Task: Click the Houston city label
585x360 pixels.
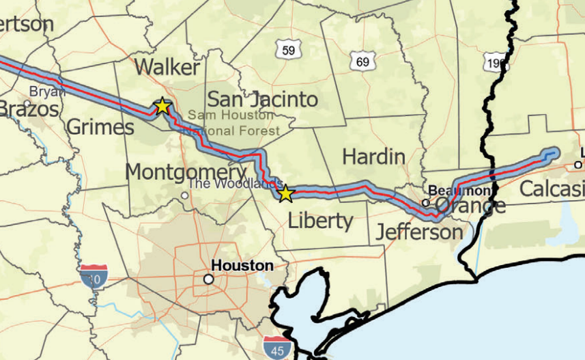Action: [242, 266]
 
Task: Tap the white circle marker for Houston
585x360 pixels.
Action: [208, 279]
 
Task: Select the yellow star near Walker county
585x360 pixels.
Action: [162, 106]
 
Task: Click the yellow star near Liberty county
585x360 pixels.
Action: [285, 194]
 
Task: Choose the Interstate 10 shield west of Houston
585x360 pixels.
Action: [93, 277]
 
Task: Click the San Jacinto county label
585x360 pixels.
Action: [262, 99]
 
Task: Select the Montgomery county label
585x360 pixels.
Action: [176, 171]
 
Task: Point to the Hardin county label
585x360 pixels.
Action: [373, 156]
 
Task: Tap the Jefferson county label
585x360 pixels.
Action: [419, 232]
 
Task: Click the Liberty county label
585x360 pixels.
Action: [320, 221]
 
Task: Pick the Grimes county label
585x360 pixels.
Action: [100, 127]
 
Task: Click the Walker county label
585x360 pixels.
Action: [167, 67]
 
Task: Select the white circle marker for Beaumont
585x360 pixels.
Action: [425, 202]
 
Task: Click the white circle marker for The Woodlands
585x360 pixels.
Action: [184, 195]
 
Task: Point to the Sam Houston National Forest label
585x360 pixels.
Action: [233, 122]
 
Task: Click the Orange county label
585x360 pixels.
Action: [470, 206]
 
